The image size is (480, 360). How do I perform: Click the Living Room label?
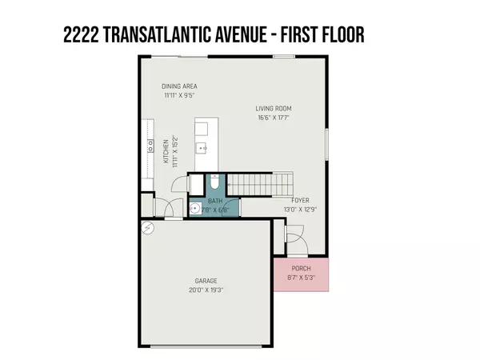274,108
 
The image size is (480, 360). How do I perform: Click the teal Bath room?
214,202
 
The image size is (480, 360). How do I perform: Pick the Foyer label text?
300,201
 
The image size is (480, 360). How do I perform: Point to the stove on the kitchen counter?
150,144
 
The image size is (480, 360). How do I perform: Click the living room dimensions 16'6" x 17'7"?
274,118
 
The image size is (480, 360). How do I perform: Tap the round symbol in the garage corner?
146,228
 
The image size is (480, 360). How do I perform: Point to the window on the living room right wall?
327,145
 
